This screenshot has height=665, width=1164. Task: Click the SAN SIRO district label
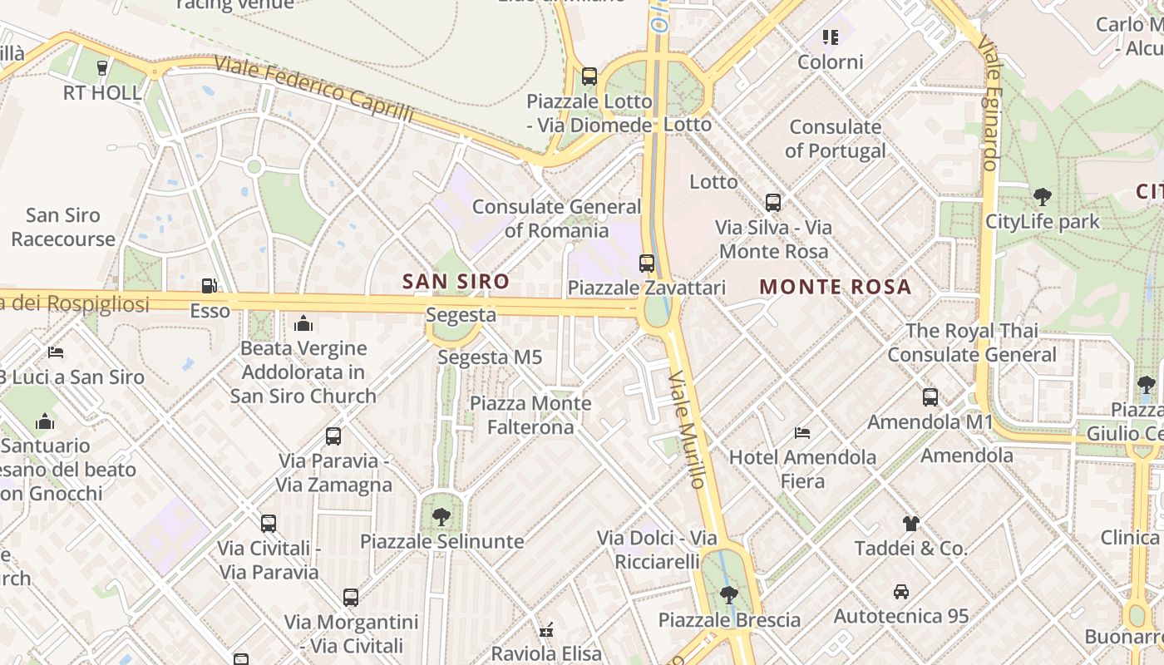pyautogui.click(x=456, y=282)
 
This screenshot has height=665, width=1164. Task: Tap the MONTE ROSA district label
pyautogui.click(x=835, y=288)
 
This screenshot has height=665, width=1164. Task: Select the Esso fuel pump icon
pyautogui.click(x=210, y=287)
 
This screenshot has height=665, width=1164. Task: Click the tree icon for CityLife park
pyautogui.click(x=1042, y=197)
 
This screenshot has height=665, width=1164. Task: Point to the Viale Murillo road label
pyautogui.click(x=688, y=429)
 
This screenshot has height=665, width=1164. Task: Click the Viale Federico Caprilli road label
pyautogui.click(x=313, y=89)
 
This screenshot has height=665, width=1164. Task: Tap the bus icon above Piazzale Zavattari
pyautogui.click(x=647, y=264)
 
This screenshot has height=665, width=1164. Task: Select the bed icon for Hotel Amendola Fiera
pyautogui.click(x=802, y=433)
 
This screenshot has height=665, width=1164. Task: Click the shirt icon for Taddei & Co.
pyautogui.click(x=911, y=524)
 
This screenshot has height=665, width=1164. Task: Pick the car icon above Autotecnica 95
pyautogui.click(x=901, y=592)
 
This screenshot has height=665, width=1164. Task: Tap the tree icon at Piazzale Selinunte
pyautogui.click(x=441, y=517)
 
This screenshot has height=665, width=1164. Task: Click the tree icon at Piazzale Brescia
pyautogui.click(x=729, y=595)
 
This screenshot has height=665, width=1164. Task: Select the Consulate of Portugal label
pyautogui.click(x=835, y=139)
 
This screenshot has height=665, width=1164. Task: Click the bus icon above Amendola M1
pyautogui.click(x=930, y=397)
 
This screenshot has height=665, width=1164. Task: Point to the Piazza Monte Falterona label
pyautogui.click(x=530, y=416)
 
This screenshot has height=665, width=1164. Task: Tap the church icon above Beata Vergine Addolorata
pyautogui.click(x=303, y=323)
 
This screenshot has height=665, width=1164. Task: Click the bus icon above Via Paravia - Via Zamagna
pyautogui.click(x=333, y=436)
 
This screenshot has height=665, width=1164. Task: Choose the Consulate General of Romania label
pyautogui.click(x=556, y=219)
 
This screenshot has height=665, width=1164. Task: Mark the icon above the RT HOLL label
pyautogui.click(x=102, y=68)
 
